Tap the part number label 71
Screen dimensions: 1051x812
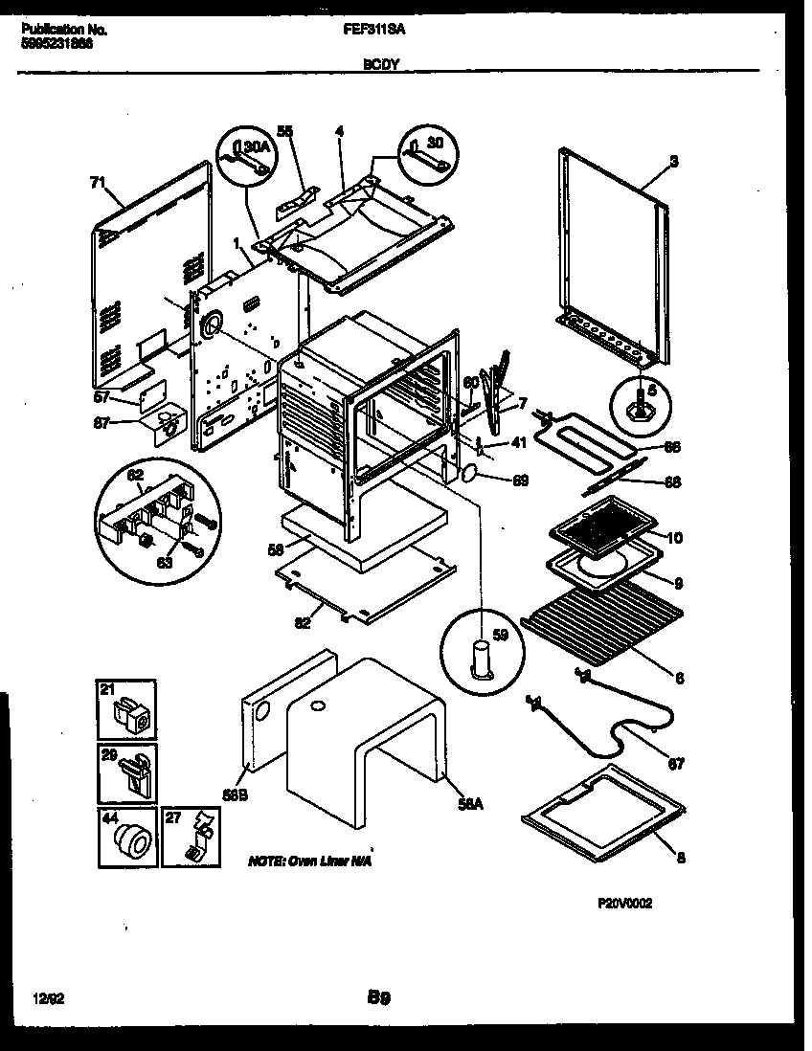[96, 180]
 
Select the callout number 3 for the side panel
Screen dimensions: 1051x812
[674, 163]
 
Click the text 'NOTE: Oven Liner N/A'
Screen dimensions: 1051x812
[308, 861]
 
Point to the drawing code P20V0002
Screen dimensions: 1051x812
[626, 903]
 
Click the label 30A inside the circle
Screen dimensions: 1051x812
[255, 146]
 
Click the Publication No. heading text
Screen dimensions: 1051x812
[63, 30]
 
